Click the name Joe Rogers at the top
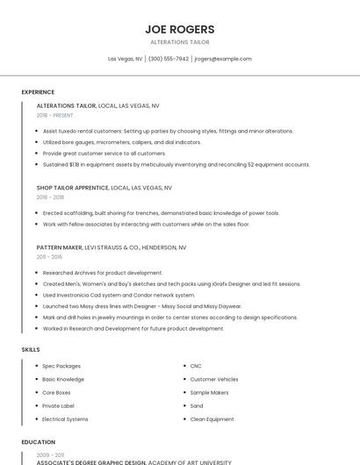[x=180, y=29]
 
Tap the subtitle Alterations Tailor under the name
[x=180, y=42]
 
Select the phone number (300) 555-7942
[x=169, y=59]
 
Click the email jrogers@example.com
[x=223, y=59]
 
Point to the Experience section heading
[x=38, y=92]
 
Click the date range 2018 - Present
[x=54, y=115]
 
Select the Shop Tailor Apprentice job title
[x=72, y=187]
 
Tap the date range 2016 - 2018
[x=50, y=197]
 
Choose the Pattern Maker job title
[x=59, y=248]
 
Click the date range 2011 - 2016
[x=49, y=258]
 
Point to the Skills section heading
[x=31, y=350]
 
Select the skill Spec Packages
[x=61, y=366]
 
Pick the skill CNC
[x=196, y=366]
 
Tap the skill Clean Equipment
[x=212, y=419]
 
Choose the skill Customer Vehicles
[x=213, y=379]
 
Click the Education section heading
[x=38, y=442]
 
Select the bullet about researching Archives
[x=103, y=273]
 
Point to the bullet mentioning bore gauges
[x=121, y=141]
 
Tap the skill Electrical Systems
[x=65, y=419]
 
